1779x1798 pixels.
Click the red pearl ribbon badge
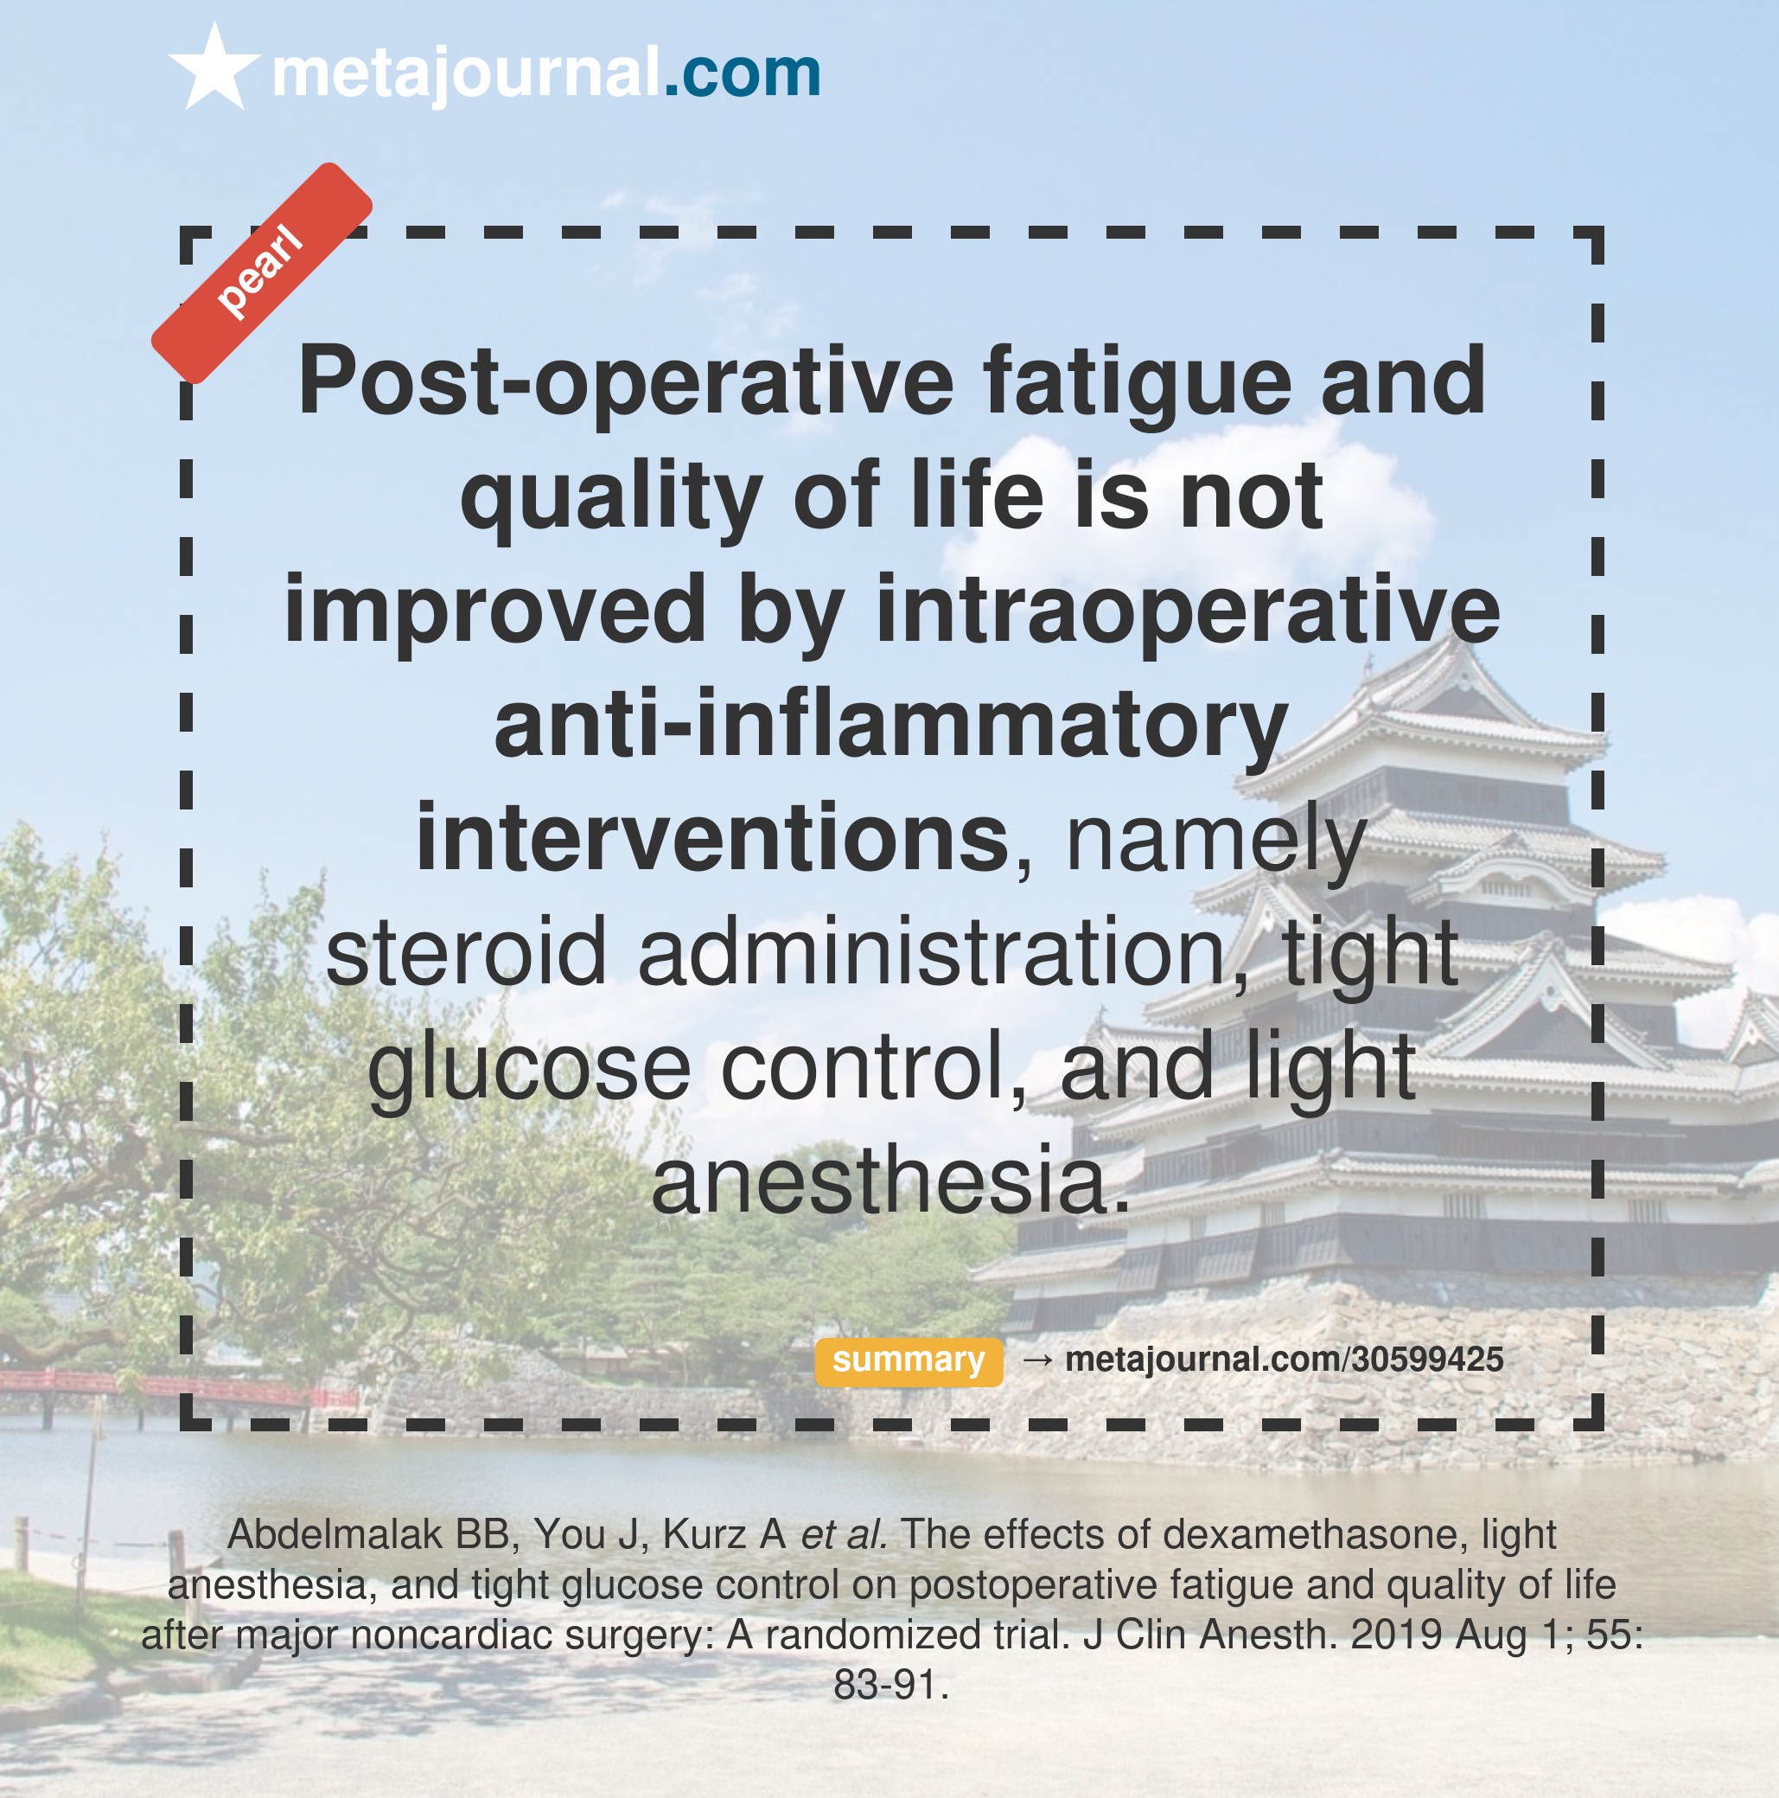261,272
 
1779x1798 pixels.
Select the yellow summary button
909,1360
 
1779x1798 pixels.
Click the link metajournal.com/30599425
1284,1360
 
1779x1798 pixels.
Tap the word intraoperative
1189,610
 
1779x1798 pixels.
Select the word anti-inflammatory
890,724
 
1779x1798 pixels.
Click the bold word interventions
712,836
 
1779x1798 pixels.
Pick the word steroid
465,952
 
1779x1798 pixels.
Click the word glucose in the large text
528,1068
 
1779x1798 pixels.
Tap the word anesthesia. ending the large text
890,1180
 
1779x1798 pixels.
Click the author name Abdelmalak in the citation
335,1533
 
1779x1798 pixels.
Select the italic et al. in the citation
844,1533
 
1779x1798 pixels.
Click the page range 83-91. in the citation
890,1685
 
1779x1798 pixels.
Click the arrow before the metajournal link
1037,1360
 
